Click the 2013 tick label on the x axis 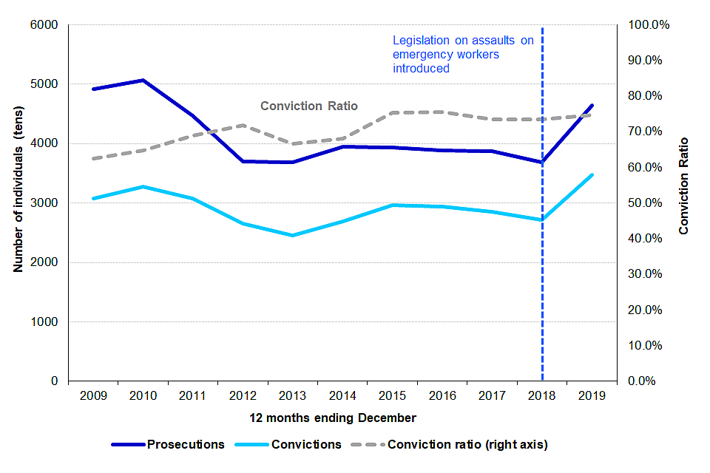(292, 395)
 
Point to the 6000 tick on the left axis (46, 25)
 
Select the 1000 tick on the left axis (46, 322)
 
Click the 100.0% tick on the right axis (649, 25)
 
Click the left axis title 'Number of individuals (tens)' (19, 203)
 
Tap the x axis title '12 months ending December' (342, 418)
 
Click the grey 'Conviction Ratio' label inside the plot (309, 106)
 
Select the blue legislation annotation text (463, 55)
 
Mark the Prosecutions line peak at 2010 (143, 80)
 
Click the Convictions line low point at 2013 (292, 236)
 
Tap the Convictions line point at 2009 (93, 199)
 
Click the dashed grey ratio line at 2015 (392, 112)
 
